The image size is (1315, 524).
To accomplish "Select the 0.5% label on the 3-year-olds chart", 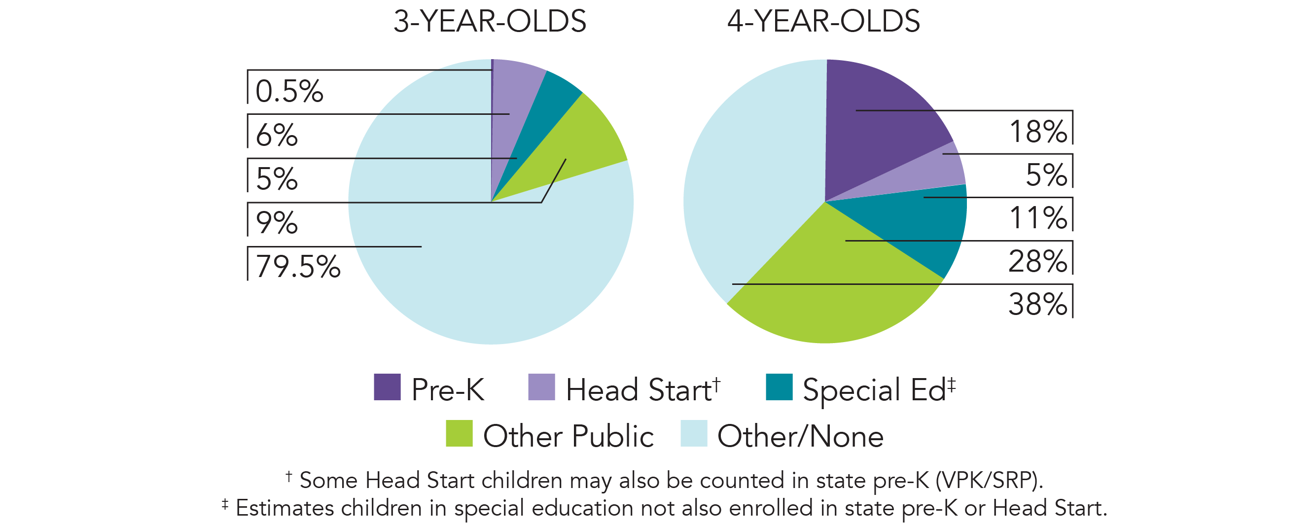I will click(289, 92).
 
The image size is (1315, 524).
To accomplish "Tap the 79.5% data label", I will click(298, 267).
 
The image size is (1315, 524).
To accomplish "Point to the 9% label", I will click(276, 223).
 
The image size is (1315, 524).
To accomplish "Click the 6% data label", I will click(276, 135).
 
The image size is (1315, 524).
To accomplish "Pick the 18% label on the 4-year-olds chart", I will click(1038, 132).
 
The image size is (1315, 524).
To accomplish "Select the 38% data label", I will click(1037, 305).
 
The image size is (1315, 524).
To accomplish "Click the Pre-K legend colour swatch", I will click(387, 387).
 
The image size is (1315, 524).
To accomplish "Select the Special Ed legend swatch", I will click(779, 387).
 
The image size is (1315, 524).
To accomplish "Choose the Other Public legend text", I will click(568, 436).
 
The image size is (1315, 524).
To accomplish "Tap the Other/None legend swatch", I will click(694, 434).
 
